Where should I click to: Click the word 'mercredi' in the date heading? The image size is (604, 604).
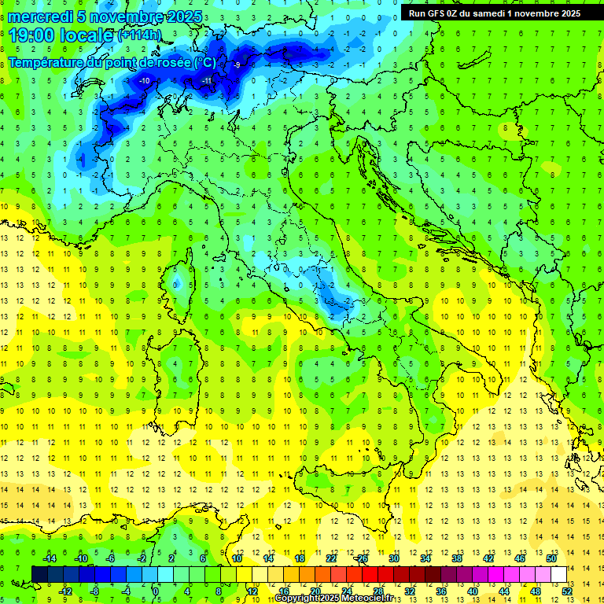[42, 16]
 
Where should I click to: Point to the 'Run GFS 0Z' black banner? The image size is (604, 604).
[495, 13]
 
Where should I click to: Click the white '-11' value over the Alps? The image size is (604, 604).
[208, 81]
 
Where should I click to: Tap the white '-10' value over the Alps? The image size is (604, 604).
[145, 81]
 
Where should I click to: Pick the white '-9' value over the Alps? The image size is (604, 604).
[238, 65]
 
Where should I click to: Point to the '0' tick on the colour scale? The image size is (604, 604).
[156, 591]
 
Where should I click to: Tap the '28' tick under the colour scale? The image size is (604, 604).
[377, 591]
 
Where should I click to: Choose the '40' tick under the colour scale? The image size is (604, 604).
[473, 591]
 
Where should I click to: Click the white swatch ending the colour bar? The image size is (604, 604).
[558, 574]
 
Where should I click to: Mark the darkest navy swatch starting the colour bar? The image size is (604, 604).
[39, 574]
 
